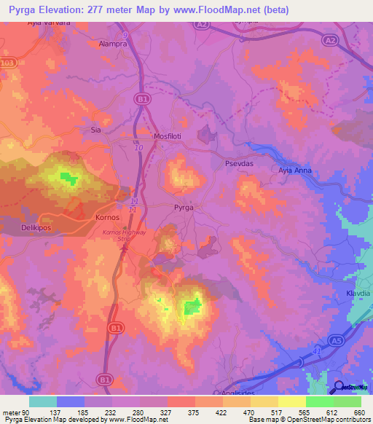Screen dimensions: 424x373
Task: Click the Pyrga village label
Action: click(183, 208)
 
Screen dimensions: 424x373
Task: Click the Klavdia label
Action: click(358, 294)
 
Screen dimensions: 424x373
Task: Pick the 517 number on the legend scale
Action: click(277, 412)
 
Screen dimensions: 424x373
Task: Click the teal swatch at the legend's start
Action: click(43, 401)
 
